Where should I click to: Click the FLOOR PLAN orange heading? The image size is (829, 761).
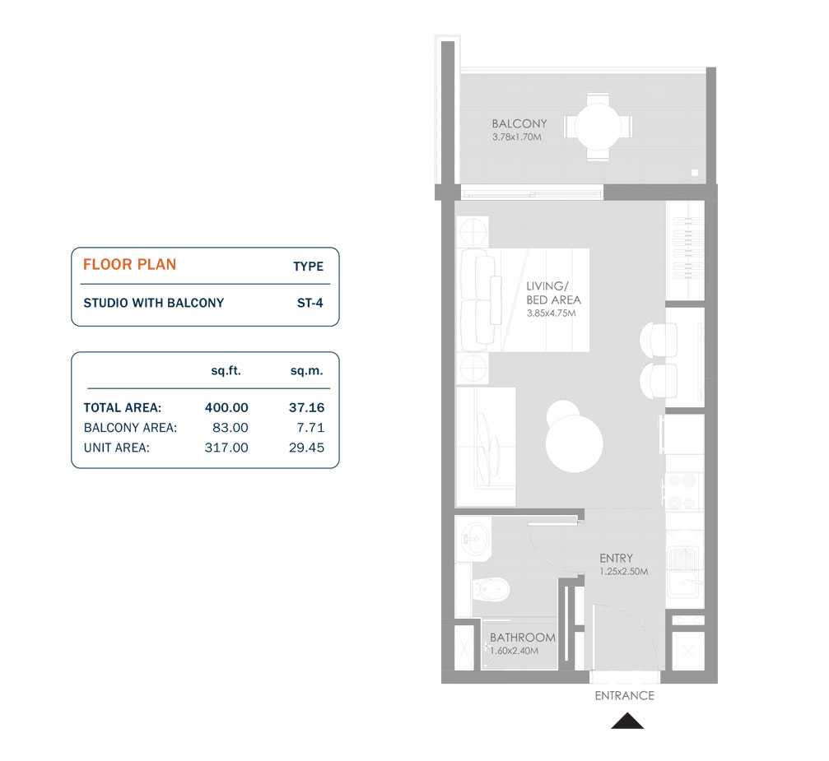(x=129, y=265)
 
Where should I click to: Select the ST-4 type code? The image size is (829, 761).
(x=310, y=303)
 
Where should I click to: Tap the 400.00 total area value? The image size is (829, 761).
(x=226, y=407)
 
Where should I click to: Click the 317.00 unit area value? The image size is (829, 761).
(x=226, y=448)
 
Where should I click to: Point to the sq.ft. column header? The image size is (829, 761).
(x=225, y=372)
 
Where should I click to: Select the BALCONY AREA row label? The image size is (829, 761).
(x=130, y=428)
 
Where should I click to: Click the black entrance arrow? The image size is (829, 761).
(x=626, y=722)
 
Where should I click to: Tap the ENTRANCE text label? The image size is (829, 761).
(x=624, y=696)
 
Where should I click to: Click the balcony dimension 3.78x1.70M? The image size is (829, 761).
(x=517, y=137)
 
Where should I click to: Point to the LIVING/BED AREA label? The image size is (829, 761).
(x=553, y=293)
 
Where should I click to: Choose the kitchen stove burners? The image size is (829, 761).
(x=683, y=490)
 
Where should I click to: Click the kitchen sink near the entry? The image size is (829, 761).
(x=682, y=566)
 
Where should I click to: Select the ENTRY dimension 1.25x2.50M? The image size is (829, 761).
(x=623, y=571)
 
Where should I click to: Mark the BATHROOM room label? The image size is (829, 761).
(x=522, y=638)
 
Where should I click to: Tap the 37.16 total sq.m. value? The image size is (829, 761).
(x=307, y=407)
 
